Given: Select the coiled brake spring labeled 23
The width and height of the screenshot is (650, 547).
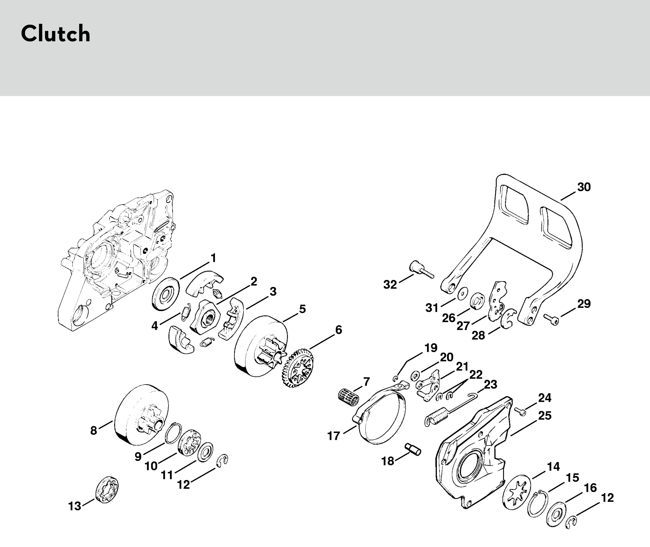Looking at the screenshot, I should [438, 416].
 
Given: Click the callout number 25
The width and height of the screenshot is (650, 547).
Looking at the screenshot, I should [545, 415].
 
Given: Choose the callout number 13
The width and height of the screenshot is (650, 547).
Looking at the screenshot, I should [74, 506].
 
